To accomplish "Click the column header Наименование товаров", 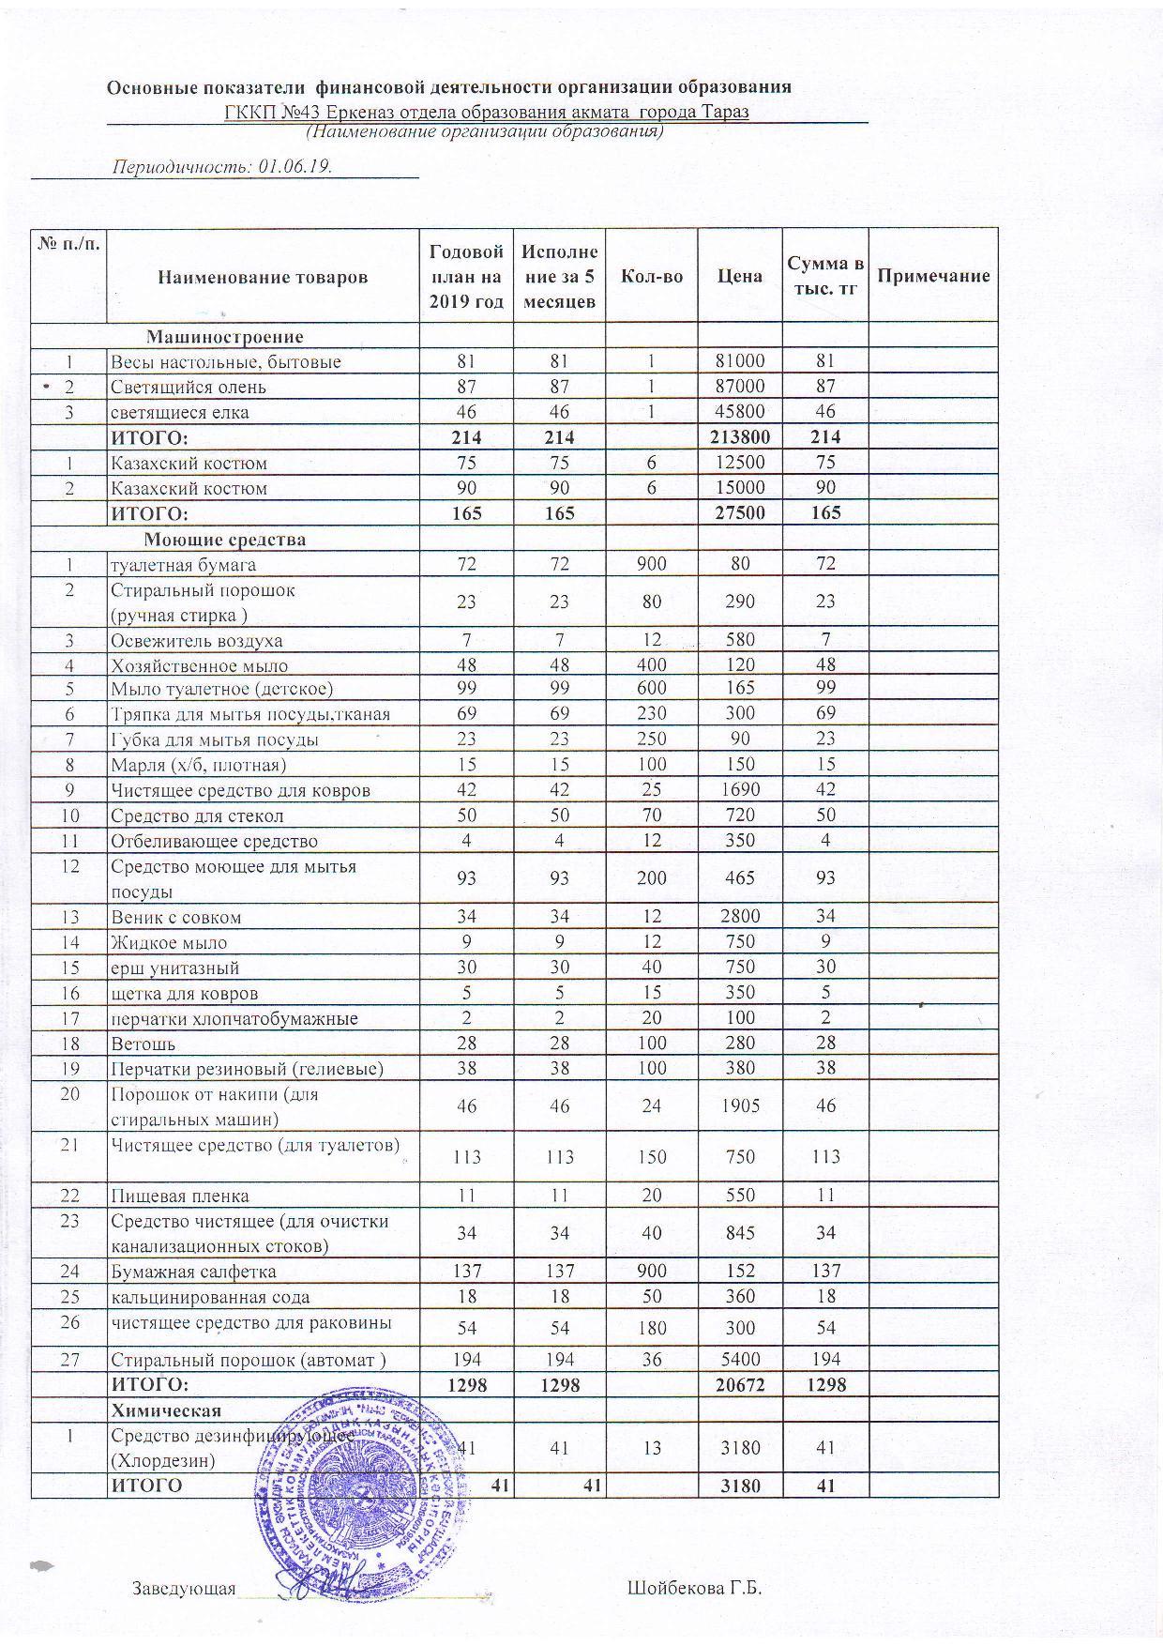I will [263, 277].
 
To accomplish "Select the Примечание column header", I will [933, 276].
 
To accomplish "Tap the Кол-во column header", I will [652, 276].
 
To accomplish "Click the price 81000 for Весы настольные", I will [739, 361].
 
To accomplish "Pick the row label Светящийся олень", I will [189, 387].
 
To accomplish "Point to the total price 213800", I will [739, 436].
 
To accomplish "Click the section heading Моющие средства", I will [224, 540].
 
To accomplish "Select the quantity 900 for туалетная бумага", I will [652, 564].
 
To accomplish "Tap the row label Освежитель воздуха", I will [197, 641].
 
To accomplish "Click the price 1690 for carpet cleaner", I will [739, 790].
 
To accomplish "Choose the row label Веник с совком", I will [176, 917].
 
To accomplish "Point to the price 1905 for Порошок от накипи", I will [739, 1106].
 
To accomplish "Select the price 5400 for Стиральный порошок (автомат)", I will [739, 1359].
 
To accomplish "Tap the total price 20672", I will [739, 1384].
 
